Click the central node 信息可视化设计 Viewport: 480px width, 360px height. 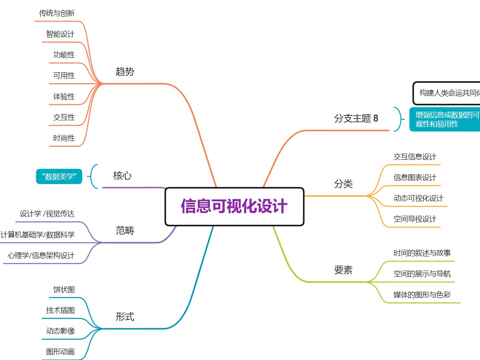pyautogui.click(x=234, y=206)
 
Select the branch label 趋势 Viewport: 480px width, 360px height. pyautogui.click(x=125, y=72)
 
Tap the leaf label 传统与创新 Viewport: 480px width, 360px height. pyautogui.click(x=57, y=13)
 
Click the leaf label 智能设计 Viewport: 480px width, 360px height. pyautogui.click(x=60, y=34)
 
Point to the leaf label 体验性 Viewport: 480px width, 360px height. pyautogui.click(x=64, y=97)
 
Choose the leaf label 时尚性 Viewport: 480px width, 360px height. pyautogui.click(x=64, y=138)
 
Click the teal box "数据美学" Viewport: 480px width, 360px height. pyautogui.click(x=59, y=177)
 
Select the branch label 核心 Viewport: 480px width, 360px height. pyautogui.click(x=122, y=176)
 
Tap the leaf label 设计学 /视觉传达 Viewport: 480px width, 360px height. pyautogui.click(x=47, y=214)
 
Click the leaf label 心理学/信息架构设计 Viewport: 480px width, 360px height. pyautogui.click(x=41, y=256)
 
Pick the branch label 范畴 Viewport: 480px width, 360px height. pyautogui.click(x=125, y=231)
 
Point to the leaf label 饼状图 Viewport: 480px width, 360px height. pyautogui.click(x=64, y=290)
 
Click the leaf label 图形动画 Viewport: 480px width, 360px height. pyautogui.click(x=60, y=352)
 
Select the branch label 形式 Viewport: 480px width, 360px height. pyautogui.click(x=125, y=317)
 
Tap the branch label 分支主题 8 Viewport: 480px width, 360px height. pyautogui.click(x=356, y=118)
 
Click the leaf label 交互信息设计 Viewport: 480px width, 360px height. pyautogui.click(x=415, y=157)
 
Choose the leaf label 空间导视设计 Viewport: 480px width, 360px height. pyautogui.click(x=415, y=219)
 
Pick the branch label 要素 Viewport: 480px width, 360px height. pyautogui.click(x=343, y=270)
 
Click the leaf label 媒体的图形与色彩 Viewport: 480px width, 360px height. pyautogui.click(x=422, y=295)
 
